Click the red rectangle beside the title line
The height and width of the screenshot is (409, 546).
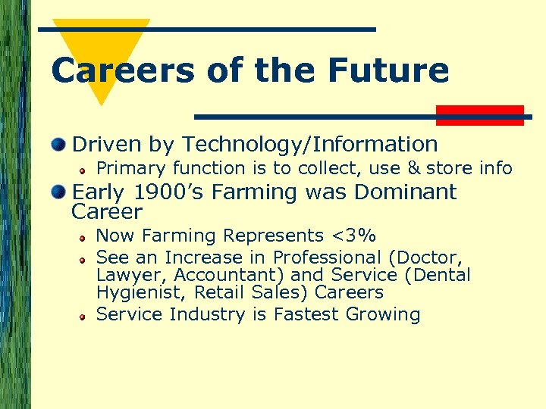(480, 115)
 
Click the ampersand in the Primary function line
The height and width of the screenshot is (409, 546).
(413, 168)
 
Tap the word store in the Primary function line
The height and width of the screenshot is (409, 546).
(450, 168)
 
